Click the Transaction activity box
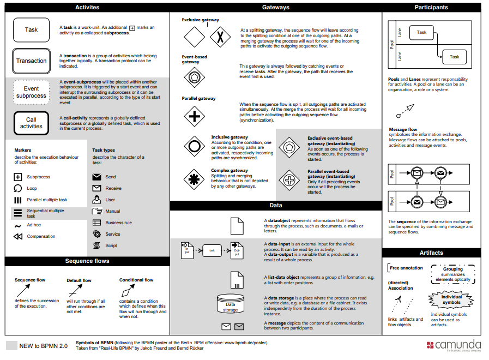(x=31, y=61)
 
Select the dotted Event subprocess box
(x=31, y=92)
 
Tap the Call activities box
(x=31, y=123)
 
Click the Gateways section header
(x=276, y=8)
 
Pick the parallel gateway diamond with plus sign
(x=194, y=116)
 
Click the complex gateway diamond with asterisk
(x=194, y=179)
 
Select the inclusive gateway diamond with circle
(x=194, y=146)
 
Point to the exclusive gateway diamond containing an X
(x=220, y=37)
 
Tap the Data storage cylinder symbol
(x=230, y=304)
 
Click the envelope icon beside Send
(x=96, y=177)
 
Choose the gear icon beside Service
(x=96, y=234)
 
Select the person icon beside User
(x=96, y=200)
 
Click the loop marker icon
(x=17, y=188)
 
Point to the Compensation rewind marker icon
(x=17, y=236)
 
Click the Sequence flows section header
(x=87, y=261)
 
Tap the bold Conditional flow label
(x=136, y=280)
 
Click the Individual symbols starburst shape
(x=451, y=299)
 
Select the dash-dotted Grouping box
(x=452, y=274)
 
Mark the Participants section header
(x=431, y=8)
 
